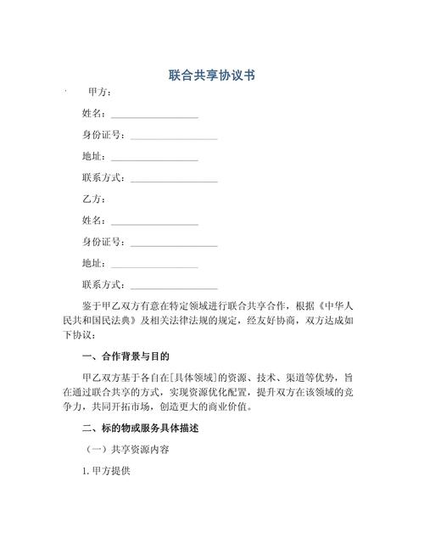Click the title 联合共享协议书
tap(212, 76)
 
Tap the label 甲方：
tap(99, 92)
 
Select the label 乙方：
tap(93, 199)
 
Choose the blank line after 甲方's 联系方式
tap(174, 180)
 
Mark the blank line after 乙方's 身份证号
tap(174, 244)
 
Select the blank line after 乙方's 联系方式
tap(174, 287)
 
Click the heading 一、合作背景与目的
tap(125, 356)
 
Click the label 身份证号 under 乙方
tap(103, 243)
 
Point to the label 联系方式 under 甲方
tap(103, 178)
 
